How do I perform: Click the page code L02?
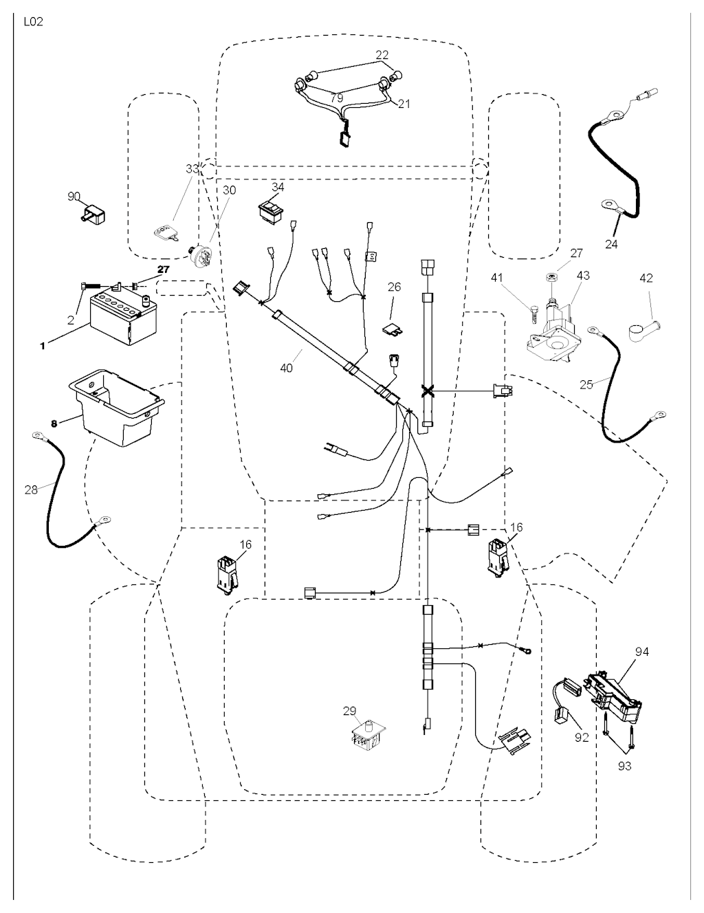tap(33, 22)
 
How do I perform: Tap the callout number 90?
tap(74, 197)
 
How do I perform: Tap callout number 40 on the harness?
tap(286, 368)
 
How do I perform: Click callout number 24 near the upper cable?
tap(611, 244)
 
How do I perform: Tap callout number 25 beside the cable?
tap(586, 384)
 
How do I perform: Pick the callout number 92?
tap(582, 737)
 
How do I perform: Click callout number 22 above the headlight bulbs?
tap(382, 54)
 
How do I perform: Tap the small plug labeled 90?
tap(92, 214)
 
